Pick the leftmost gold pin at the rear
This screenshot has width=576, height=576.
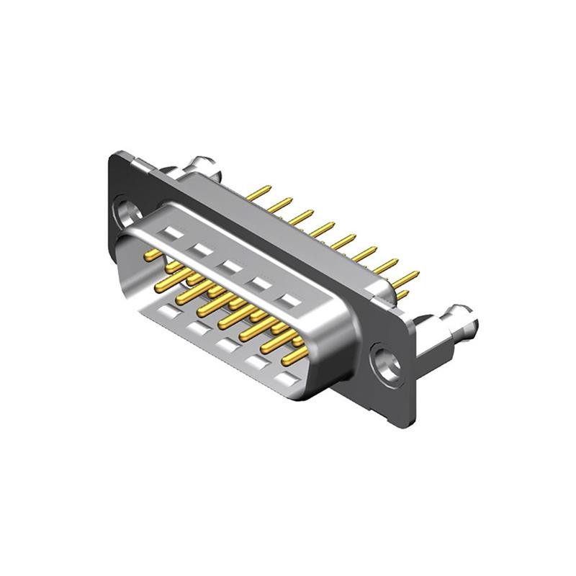[258, 193]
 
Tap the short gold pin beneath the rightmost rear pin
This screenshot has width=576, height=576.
[402, 295]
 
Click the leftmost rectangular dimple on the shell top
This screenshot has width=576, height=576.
[172, 234]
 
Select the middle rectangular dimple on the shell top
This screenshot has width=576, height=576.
[230, 266]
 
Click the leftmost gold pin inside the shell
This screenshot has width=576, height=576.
[153, 254]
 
